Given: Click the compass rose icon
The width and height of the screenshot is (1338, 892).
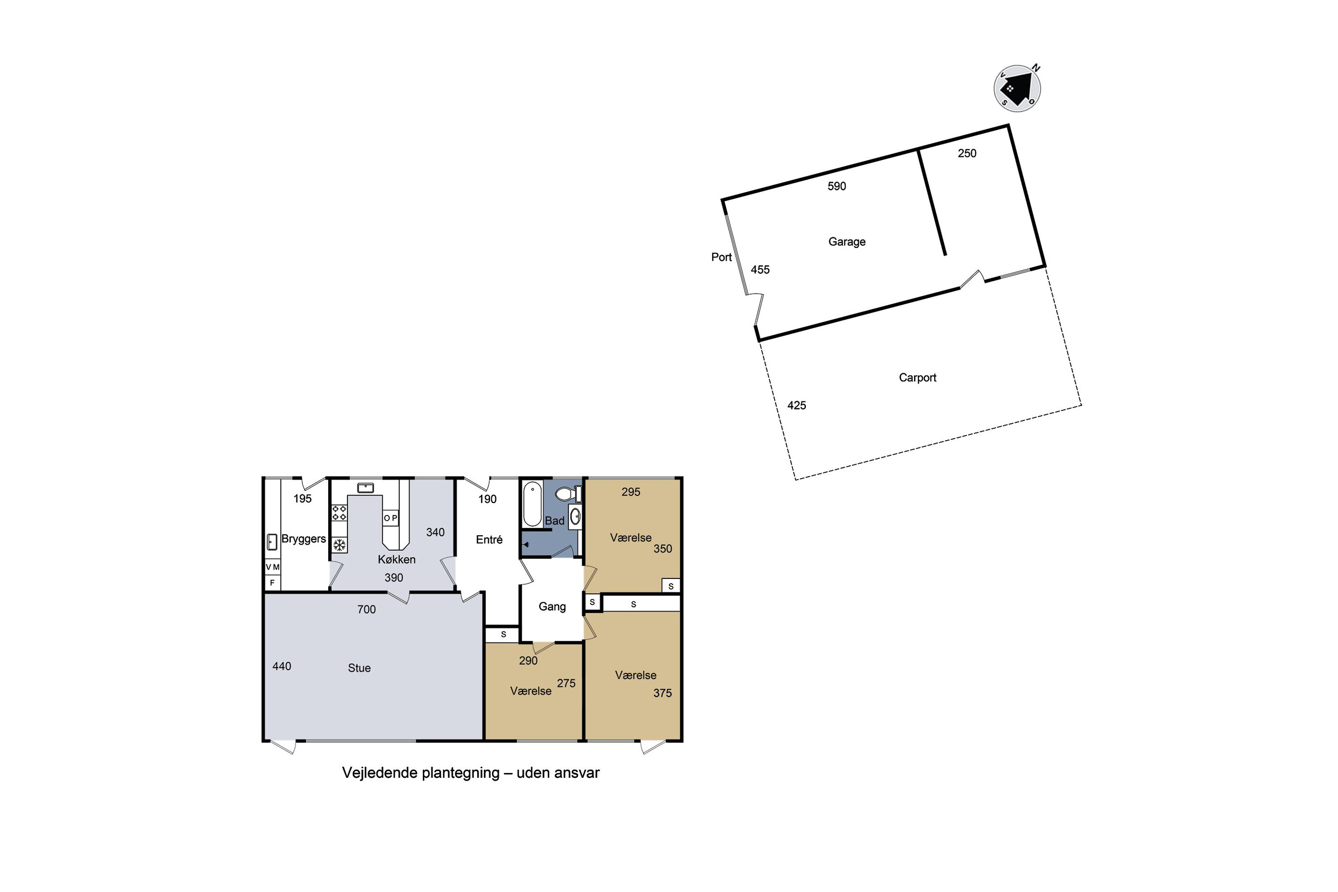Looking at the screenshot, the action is tap(1017, 88).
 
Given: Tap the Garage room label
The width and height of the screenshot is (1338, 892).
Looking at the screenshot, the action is tap(847, 242).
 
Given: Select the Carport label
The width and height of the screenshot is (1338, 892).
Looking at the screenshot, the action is tap(917, 378).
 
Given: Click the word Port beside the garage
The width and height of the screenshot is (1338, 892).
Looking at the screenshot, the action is tap(721, 257).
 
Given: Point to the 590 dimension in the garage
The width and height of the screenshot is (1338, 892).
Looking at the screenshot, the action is tap(837, 186).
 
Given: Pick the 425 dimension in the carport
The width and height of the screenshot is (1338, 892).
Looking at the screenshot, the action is tap(797, 405).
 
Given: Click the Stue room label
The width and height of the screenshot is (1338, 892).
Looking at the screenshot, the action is tap(359, 668).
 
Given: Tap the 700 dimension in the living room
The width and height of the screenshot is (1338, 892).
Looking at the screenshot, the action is tap(366, 609).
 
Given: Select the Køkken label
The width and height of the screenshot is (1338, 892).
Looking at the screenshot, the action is tap(396, 559).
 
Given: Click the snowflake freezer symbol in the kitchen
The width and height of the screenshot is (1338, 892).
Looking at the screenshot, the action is tap(339, 545).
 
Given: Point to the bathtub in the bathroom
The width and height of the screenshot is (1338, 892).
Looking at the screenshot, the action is tap(533, 504).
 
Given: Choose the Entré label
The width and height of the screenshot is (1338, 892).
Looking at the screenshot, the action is tap(489, 539).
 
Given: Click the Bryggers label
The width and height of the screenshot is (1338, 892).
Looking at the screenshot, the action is tap(304, 539).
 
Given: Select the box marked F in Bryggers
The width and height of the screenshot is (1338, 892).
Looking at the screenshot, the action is tap(273, 582).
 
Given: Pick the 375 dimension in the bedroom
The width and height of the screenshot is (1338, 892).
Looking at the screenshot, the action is tap(662, 693).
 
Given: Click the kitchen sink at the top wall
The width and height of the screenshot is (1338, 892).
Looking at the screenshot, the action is tap(365, 488).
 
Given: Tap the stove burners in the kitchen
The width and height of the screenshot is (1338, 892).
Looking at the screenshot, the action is tap(339, 512).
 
